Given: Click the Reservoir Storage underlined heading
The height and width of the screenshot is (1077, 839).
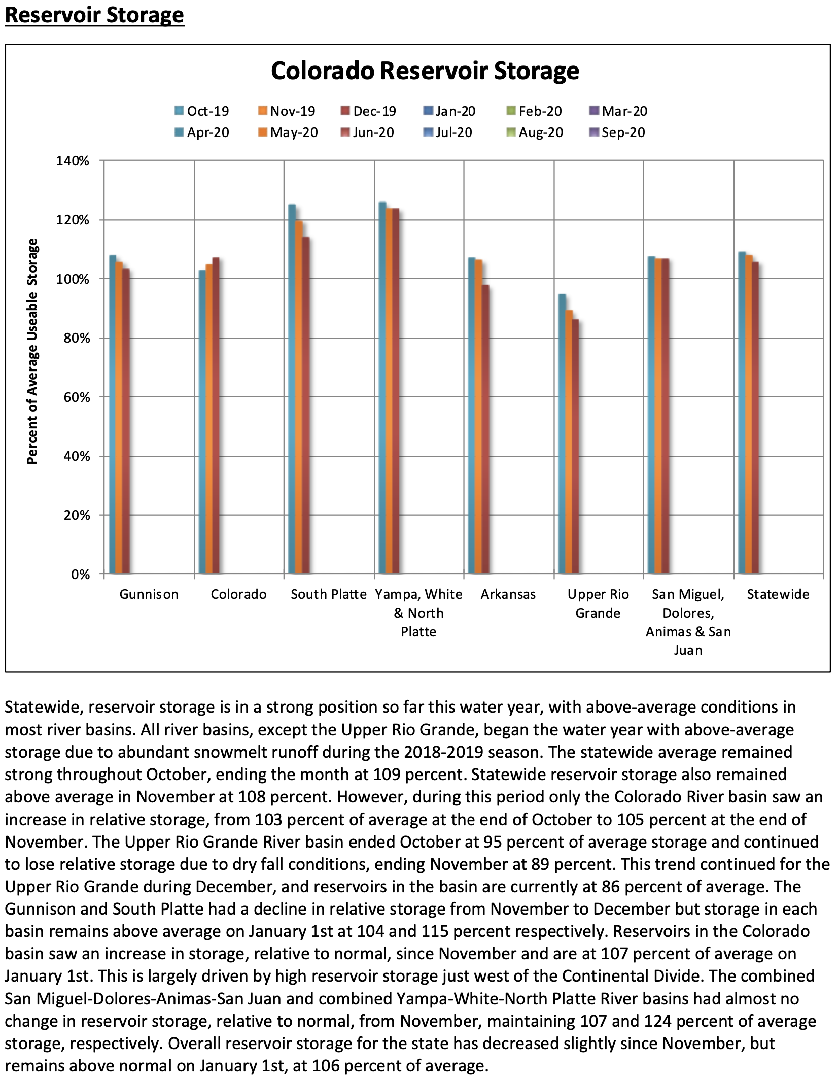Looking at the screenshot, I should click(x=94, y=15).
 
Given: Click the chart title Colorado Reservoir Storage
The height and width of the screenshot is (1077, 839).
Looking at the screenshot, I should click(x=425, y=71).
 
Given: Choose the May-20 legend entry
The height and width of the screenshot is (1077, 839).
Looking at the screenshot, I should click(x=288, y=132).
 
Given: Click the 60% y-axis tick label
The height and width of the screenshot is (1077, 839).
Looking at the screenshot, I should click(x=77, y=397).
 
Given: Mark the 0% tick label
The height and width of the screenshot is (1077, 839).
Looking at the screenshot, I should click(x=80, y=575).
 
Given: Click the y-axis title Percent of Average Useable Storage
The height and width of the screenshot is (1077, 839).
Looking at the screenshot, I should click(x=32, y=351).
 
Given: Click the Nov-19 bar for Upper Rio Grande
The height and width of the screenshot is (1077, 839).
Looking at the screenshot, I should click(x=569, y=442).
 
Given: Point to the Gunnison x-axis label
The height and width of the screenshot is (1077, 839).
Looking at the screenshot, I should click(x=149, y=594).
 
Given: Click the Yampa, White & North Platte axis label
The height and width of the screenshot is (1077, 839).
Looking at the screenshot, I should click(x=418, y=613).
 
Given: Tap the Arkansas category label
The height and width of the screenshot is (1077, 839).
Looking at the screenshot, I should click(x=508, y=594).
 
